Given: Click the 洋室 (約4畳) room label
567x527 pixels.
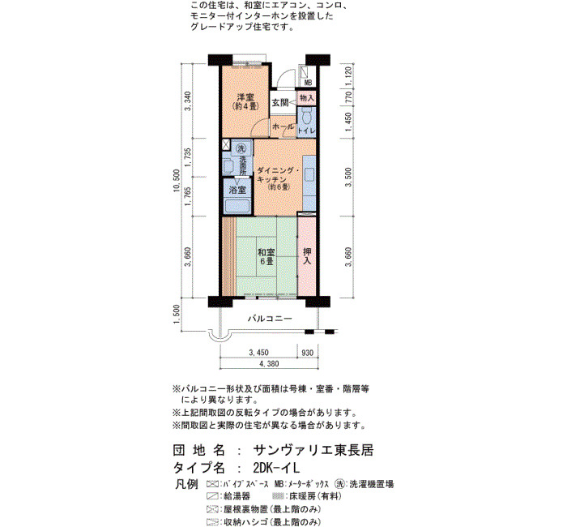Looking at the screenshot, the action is pos(245,101).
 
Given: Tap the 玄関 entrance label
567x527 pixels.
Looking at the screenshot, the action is pos(280,103).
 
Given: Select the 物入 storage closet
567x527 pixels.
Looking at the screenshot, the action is pos(307,98).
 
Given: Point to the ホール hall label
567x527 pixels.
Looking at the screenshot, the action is pos(283,126).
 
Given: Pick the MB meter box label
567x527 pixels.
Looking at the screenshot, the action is pos(308,83).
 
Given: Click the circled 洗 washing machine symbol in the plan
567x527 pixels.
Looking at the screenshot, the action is pos(241,148).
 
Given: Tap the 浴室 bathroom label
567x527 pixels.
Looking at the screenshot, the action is pos(237,190).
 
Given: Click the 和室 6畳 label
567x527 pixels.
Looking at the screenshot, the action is pos(266,256).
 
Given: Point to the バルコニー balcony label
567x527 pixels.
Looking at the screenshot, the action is pos(270,319).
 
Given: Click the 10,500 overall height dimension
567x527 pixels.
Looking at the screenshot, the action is pos(177,180).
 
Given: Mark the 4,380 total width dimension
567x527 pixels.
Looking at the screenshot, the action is pos(269,364).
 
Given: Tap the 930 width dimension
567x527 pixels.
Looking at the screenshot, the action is pos(307,353).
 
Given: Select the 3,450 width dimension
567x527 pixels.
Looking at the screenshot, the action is pos(258,353).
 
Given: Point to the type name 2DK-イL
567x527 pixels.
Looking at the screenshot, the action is pos(277,468).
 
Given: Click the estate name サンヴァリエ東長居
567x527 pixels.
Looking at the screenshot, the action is pos(313,450).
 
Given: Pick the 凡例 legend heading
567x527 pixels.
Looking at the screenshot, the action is pos(186,484).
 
